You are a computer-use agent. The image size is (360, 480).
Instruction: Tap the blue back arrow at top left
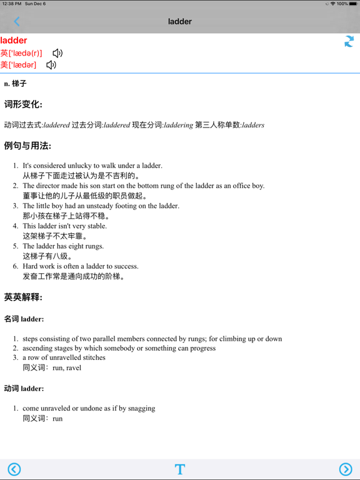17,22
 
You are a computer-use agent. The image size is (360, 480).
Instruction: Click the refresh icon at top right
349,41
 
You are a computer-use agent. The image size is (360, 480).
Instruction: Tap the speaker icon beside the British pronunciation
57,53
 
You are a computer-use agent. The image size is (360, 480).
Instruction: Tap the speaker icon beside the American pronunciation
51,64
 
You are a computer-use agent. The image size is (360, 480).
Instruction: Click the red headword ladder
14,41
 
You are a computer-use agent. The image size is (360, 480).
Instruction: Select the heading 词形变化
23,104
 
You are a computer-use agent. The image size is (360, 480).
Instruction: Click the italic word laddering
178,125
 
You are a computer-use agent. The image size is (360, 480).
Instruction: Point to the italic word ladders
253,125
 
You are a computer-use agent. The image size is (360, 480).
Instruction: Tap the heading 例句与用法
27,146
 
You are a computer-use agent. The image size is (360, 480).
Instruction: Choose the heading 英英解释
23,297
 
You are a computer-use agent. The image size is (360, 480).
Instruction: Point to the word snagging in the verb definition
140,408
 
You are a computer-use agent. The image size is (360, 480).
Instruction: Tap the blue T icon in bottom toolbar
180,469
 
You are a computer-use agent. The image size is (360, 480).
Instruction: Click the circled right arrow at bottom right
346,469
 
